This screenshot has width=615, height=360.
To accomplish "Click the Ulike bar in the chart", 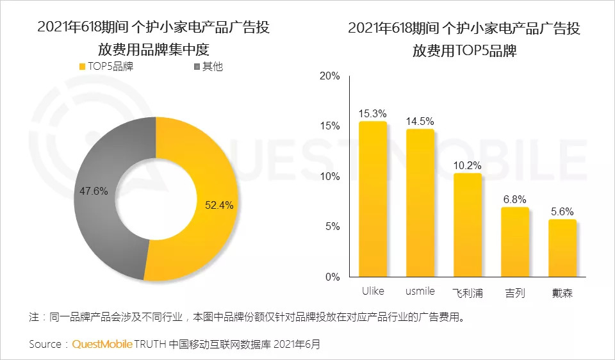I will click(x=372, y=199).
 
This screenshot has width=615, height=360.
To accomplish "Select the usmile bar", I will click(x=420, y=202).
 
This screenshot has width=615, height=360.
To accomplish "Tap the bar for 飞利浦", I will click(x=467, y=224).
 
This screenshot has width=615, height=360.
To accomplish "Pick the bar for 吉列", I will click(x=514, y=241).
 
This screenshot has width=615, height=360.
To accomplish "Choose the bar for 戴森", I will click(x=562, y=248).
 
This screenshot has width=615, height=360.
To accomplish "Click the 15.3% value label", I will click(x=373, y=113).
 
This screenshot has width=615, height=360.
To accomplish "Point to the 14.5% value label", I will click(x=420, y=121).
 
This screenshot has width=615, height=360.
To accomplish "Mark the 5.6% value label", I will click(x=562, y=211).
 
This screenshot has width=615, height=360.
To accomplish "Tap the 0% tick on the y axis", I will click(x=332, y=277).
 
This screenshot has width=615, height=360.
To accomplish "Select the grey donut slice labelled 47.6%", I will click(x=96, y=192).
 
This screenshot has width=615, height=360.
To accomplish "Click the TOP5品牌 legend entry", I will click(x=105, y=66).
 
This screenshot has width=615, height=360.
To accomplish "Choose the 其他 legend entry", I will click(x=208, y=66).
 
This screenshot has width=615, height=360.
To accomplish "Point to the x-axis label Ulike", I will click(x=372, y=291).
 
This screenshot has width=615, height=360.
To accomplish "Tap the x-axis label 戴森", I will click(x=562, y=293).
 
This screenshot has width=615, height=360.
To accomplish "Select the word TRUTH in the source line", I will click(x=151, y=344).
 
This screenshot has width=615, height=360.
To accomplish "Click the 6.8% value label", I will click(x=514, y=199).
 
